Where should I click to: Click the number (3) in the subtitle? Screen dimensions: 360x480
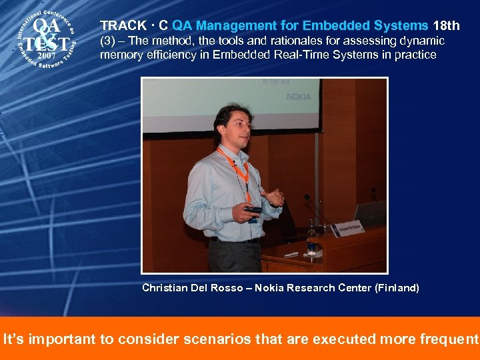107,41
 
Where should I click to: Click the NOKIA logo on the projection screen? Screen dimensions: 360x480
299,97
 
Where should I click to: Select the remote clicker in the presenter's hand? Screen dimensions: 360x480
253,210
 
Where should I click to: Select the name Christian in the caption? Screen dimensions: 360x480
164,288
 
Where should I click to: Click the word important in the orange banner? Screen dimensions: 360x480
61,339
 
